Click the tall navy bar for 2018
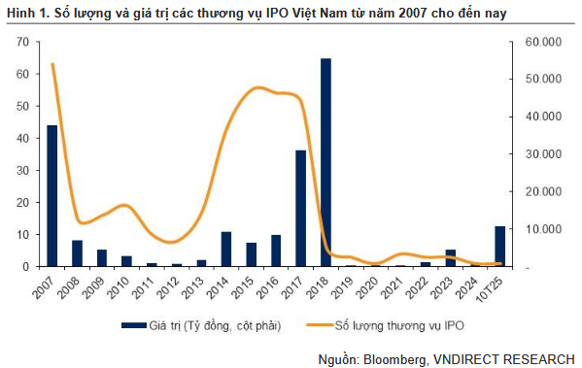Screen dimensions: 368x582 click(x=325, y=162)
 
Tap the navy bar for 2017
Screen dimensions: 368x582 click(x=301, y=208)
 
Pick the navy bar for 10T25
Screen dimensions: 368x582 click(x=500, y=246)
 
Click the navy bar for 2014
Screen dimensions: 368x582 click(x=225, y=249)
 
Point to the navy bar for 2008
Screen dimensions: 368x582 click(x=77, y=252)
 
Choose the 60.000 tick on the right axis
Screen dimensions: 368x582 click(x=538, y=42)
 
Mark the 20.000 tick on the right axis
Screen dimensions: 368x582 click(x=538, y=191)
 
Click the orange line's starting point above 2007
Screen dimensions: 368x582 click(x=52, y=65)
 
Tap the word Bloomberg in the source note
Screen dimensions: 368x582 click(x=394, y=358)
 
